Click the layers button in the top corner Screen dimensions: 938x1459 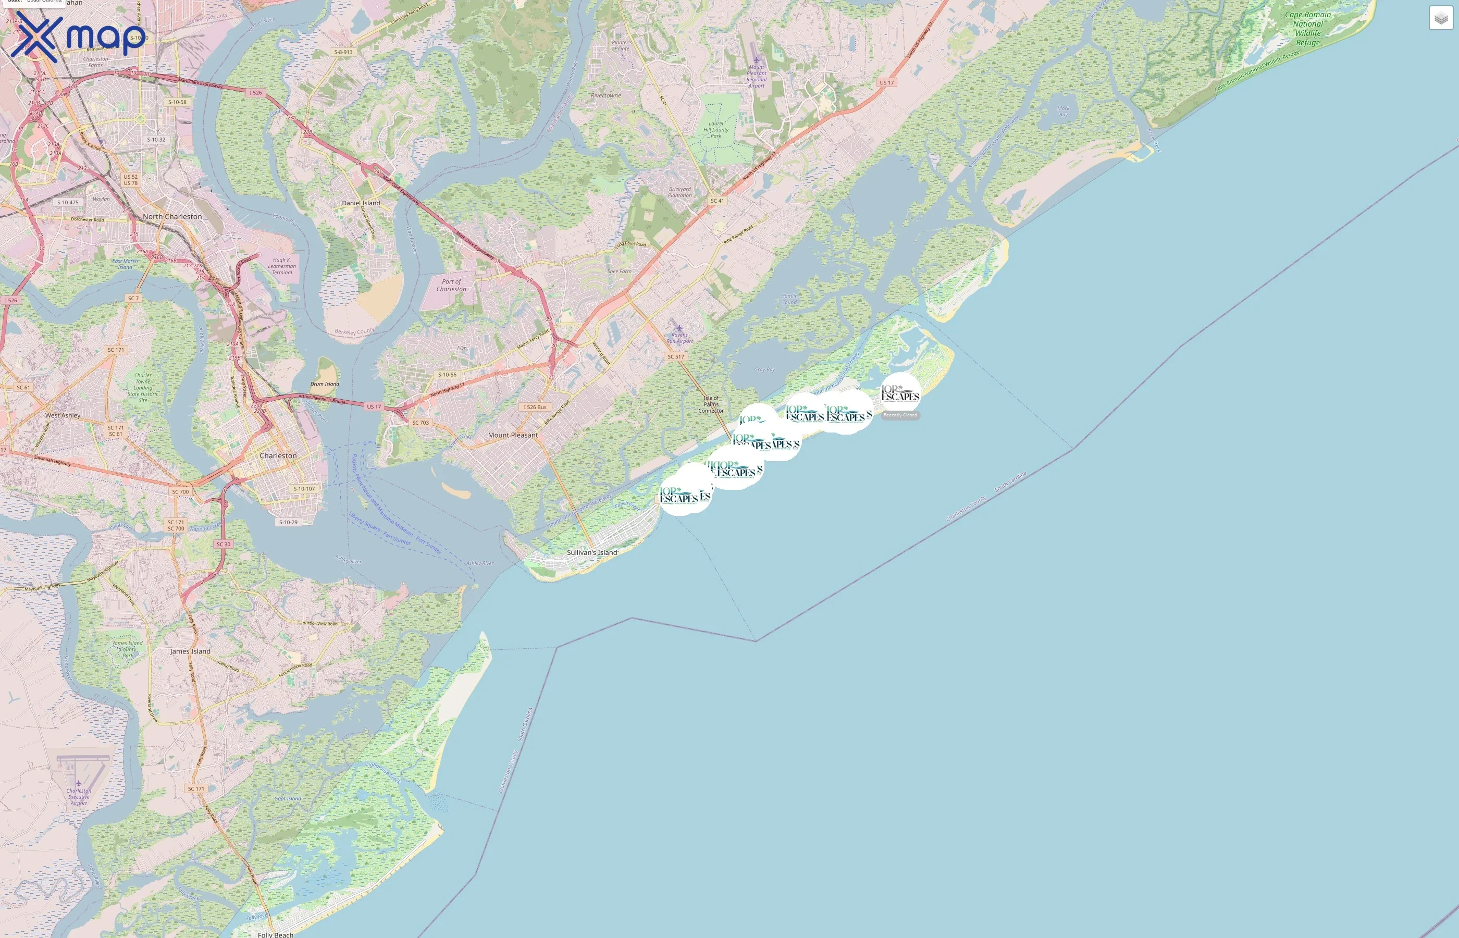(1440, 18)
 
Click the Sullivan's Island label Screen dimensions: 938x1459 (592, 552)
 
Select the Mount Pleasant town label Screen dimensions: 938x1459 (513, 435)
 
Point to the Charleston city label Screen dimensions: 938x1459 (278, 455)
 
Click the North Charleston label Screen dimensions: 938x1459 (172, 216)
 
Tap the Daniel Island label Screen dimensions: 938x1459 (361, 203)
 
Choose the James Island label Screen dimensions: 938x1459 (190, 651)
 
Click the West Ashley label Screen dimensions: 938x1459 (63, 415)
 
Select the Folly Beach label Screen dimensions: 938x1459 (275, 934)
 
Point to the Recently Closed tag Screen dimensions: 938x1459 (900, 415)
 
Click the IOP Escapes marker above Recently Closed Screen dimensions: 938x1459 (900, 393)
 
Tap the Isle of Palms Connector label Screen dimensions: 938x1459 (711, 404)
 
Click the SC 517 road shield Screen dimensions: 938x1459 (675, 357)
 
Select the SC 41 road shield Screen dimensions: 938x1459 (718, 201)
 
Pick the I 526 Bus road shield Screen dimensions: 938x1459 (535, 407)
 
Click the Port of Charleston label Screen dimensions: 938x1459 (451, 285)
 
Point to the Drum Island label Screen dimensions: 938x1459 (325, 384)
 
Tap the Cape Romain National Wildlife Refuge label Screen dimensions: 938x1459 (1307, 29)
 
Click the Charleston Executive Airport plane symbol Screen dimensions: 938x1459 (79, 783)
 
